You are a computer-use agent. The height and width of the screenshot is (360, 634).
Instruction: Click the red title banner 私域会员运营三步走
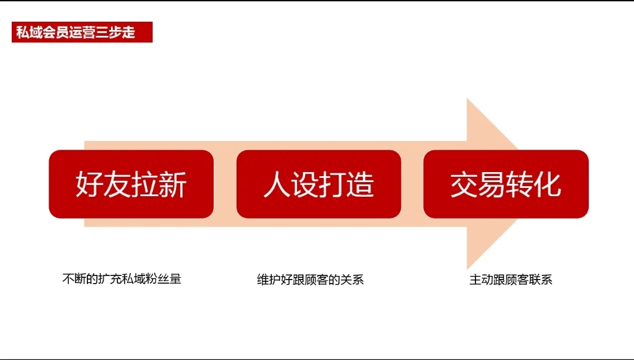(82, 32)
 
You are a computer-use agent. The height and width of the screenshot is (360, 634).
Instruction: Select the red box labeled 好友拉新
(131, 184)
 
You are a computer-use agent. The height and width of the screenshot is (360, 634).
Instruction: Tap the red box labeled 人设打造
(319, 184)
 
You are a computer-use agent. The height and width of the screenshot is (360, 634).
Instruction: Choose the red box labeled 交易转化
(506, 184)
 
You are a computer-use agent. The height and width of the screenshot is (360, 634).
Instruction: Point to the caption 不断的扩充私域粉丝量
(122, 279)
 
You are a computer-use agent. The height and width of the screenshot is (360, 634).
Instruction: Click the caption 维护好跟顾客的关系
(310, 280)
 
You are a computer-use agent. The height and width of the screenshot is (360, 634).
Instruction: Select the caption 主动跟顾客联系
(511, 280)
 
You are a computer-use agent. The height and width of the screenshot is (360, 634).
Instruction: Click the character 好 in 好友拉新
(89, 184)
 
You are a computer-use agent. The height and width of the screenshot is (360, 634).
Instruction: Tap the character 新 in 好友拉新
(173, 184)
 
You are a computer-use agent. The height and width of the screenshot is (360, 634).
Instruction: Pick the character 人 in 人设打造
(276, 184)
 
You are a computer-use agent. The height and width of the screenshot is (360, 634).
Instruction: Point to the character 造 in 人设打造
(360, 184)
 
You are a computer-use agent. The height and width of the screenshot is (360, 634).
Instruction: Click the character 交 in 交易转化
(464, 184)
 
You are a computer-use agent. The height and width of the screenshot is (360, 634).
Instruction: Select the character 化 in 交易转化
(548, 184)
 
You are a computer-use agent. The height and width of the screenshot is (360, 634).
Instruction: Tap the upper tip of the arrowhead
(467, 98)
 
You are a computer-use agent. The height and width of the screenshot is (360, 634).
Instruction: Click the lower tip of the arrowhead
(467, 270)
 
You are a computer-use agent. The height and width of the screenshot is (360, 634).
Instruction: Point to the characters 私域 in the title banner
(29, 32)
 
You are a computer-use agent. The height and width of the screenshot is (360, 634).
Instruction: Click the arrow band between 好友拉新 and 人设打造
(225, 184)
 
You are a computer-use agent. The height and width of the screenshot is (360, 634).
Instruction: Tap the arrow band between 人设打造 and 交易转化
(412, 184)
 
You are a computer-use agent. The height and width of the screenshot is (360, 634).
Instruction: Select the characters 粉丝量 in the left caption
(164, 279)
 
